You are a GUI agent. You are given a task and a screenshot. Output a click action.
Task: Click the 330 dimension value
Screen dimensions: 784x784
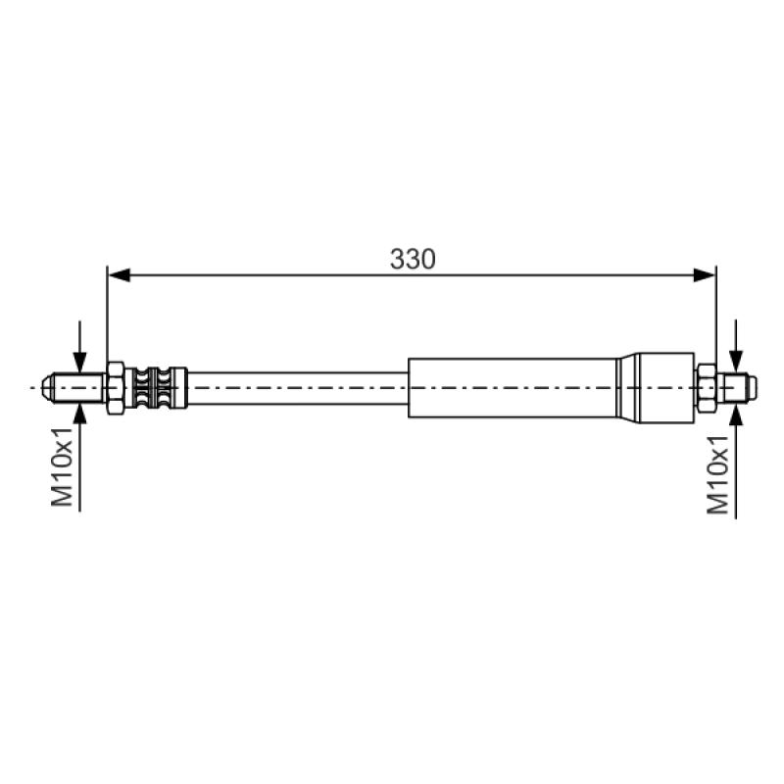click(413, 259)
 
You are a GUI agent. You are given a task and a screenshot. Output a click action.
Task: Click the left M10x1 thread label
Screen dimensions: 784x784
click(63, 466)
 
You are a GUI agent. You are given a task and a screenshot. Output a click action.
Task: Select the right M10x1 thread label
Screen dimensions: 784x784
click(718, 474)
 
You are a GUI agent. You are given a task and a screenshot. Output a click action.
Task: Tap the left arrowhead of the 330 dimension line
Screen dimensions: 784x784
click(120, 275)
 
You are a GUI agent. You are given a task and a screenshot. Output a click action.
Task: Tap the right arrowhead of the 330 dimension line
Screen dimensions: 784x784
click(705, 275)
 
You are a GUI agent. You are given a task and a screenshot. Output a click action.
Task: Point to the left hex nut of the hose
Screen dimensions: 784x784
click(116, 387)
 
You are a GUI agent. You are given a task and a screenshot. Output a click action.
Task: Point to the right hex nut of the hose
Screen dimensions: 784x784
click(706, 387)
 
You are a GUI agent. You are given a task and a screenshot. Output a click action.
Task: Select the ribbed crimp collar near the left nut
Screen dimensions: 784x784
click(156, 387)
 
